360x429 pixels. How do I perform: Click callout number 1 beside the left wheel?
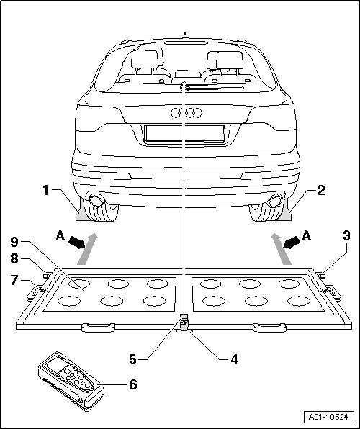46,191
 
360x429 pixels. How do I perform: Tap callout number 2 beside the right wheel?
320,191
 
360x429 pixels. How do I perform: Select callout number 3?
346,235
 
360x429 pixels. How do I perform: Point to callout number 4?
234,359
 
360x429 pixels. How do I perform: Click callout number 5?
132,359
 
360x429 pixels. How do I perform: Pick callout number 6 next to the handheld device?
132,384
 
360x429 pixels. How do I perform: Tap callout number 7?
15,281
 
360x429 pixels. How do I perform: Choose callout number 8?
15,258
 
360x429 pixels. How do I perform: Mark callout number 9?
15,241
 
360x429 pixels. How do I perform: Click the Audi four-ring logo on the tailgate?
186,112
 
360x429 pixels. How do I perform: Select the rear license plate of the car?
185,133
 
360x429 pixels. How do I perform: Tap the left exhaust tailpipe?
96,200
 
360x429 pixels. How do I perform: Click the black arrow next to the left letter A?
76,243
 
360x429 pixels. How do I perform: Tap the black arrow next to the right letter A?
292,243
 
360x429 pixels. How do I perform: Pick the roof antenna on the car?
185,36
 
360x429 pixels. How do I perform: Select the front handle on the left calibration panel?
99,327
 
